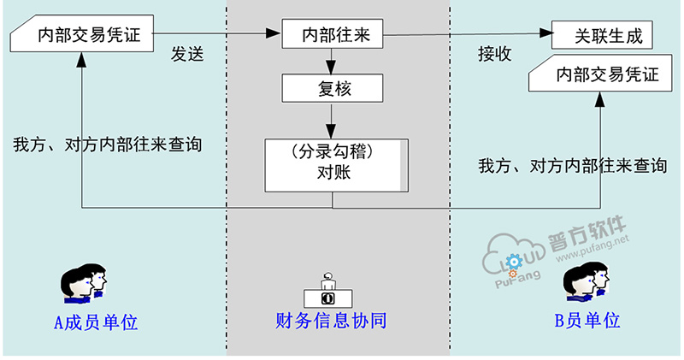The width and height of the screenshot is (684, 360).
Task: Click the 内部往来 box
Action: click(332, 35)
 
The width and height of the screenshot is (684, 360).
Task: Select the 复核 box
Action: click(332, 87)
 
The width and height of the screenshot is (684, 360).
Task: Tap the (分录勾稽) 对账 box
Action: click(333, 163)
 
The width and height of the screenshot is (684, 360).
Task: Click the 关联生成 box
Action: click(602, 35)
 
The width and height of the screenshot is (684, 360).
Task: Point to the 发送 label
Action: click(187, 55)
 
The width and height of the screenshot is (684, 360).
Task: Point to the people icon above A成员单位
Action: click(83, 283)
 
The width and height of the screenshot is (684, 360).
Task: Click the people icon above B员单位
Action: click(587, 283)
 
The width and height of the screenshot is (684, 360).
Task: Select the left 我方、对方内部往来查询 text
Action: click(108, 145)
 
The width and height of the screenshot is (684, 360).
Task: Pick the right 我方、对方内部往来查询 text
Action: click(572, 165)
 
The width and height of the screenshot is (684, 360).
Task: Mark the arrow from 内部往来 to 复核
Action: click(332, 60)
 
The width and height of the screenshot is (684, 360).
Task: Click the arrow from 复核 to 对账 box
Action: click(332, 120)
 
